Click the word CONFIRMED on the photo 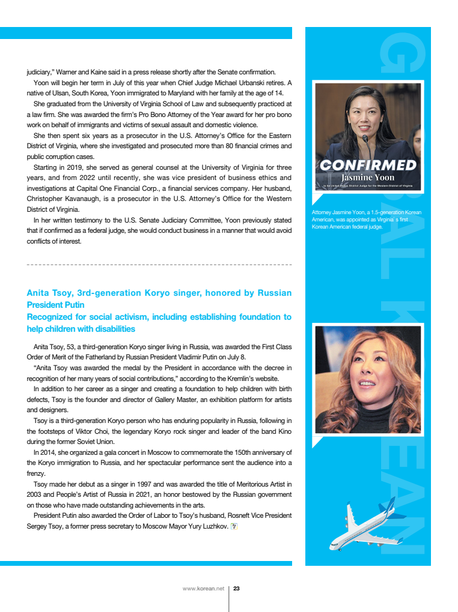(x=368, y=165)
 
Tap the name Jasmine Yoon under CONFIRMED (x=368, y=178)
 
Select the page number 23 (x=237, y=589)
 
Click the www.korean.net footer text (x=203, y=589)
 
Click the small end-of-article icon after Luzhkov (x=234, y=527)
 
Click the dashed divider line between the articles (x=159, y=264)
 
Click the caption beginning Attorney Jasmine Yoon (x=367, y=220)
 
